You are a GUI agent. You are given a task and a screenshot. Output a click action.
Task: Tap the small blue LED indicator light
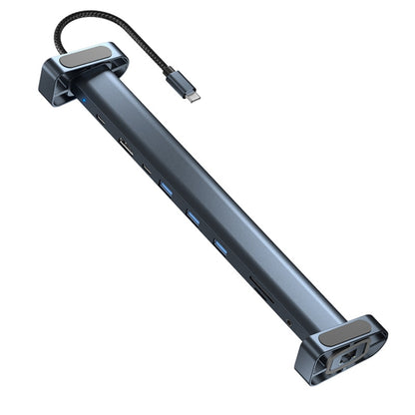pos(87,102)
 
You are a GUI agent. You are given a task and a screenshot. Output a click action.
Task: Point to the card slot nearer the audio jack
pos(268,294)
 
